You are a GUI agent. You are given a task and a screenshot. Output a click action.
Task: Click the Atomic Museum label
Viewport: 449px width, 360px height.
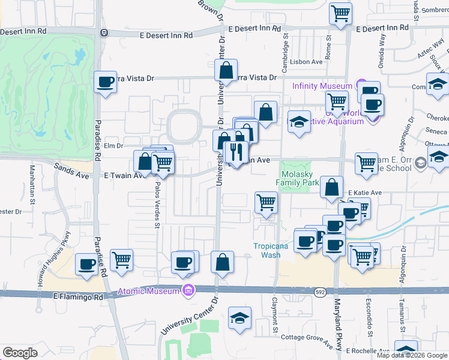(x=149, y=291)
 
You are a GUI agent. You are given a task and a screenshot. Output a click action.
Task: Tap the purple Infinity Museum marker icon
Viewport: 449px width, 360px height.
(x=360, y=85)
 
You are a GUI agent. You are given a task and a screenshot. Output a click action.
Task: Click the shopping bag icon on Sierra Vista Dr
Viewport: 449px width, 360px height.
(x=228, y=70)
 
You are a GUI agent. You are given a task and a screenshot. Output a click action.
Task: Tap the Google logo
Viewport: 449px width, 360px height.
(x=20, y=352)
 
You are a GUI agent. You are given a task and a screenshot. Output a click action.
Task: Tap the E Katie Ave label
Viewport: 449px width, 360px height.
(x=365, y=193)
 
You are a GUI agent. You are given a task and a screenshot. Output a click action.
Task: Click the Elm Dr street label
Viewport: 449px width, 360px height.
(x=113, y=145)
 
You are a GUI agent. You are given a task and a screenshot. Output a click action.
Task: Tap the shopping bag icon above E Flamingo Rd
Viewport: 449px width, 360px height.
(x=222, y=262)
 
